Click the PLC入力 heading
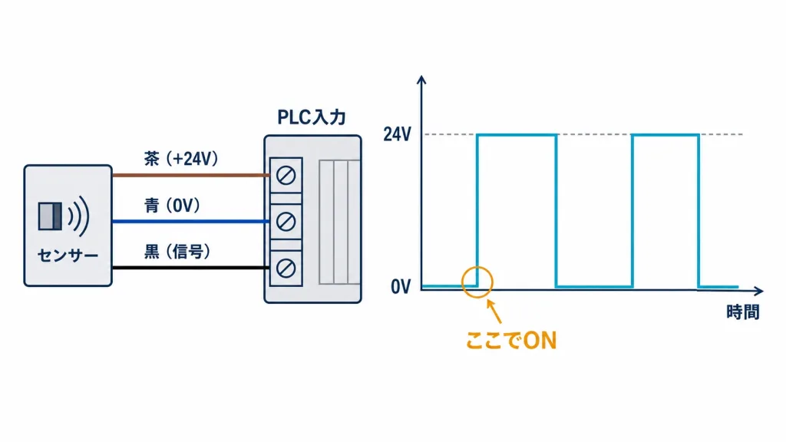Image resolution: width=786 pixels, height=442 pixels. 312,117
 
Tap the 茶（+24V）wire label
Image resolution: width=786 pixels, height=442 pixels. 181,159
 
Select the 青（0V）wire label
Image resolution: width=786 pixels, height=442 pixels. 172,205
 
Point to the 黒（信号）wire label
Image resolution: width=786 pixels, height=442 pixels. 177,251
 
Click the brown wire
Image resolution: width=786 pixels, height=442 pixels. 191,175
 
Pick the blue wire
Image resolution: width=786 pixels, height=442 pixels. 191,221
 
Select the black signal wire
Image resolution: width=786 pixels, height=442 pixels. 191,268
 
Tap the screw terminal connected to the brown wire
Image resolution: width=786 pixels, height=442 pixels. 286,176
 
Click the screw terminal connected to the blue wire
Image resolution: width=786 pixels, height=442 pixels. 286,222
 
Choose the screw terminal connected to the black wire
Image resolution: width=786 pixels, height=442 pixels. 286,268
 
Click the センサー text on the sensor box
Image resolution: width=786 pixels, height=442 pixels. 68,256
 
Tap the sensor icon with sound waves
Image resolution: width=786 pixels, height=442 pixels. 64,216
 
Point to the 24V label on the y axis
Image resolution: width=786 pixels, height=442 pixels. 397,134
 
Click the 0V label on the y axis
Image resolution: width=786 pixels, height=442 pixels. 401,287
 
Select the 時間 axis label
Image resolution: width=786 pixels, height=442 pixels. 743,312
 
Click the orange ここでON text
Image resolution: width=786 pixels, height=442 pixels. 511,341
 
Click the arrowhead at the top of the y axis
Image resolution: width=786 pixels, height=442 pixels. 421,80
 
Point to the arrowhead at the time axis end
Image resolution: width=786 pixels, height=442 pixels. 759,291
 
